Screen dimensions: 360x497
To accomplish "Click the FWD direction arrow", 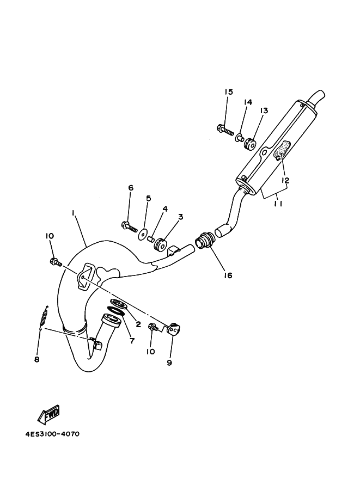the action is click(x=48, y=414).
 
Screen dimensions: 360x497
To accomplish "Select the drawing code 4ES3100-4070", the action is click(x=52, y=434).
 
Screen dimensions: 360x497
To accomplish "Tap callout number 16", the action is click(x=228, y=275).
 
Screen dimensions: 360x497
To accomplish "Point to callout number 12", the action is click(x=285, y=180).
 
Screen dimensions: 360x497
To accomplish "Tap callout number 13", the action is click(x=264, y=111).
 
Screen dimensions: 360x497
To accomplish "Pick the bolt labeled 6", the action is click(x=129, y=226).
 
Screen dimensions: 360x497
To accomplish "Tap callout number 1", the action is click(x=74, y=213).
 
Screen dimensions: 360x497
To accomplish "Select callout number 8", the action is click(x=37, y=359).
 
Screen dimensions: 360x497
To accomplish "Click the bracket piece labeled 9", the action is click(x=173, y=329).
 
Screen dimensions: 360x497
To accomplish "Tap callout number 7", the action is click(x=132, y=341).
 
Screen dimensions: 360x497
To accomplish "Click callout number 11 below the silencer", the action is click(x=278, y=204).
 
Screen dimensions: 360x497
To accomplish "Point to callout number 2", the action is click(x=138, y=324).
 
